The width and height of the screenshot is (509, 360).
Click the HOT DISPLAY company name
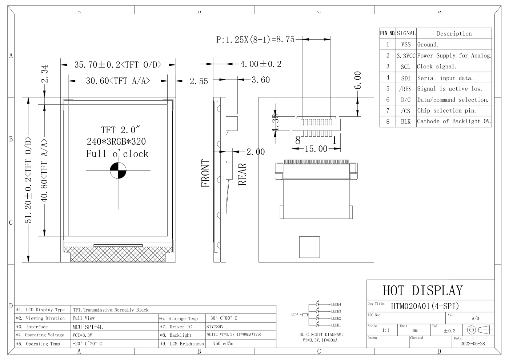(422, 291)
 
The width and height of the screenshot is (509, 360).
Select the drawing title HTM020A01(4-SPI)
(425, 306)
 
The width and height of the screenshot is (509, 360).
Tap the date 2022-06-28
(472, 343)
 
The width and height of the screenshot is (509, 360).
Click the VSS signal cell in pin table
(406, 44)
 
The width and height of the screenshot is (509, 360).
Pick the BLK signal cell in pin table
(406, 121)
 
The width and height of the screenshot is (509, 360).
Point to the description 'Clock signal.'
(437, 67)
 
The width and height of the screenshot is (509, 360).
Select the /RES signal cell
(406, 89)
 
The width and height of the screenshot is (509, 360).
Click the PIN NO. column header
(388, 33)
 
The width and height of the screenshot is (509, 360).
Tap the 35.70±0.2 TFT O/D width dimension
(118, 65)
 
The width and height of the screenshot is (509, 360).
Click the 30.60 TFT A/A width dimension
(118, 81)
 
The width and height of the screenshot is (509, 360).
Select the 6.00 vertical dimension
(358, 80)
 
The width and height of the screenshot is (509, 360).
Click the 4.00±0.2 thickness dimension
(261, 64)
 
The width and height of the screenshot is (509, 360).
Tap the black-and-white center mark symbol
(118, 170)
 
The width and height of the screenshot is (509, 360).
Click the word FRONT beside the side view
(206, 173)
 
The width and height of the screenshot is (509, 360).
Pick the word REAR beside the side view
(243, 174)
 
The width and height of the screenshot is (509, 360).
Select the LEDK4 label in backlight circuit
(336, 304)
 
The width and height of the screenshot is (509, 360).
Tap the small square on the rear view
(309, 247)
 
